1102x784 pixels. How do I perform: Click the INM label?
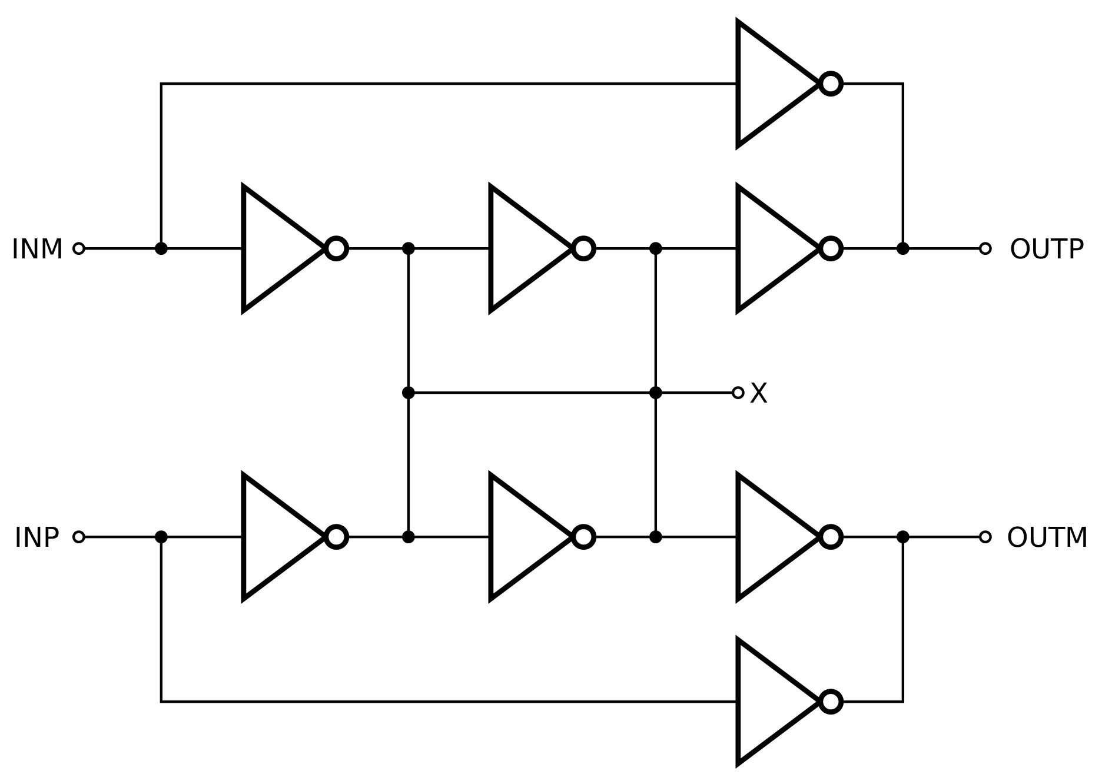click(x=37, y=249)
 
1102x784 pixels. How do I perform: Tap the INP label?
click(x=37, y=537)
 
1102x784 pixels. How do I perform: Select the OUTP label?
click(x=1047, y=249)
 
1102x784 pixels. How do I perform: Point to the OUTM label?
click(x=1047, y=537)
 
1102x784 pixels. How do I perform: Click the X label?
click(x=759, y=393)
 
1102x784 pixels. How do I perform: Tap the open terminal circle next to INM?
click(x=79, y=248)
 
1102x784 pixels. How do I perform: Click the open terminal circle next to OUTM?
click(x=985, y=537)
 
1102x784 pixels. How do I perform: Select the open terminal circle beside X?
click(x=738, y=393)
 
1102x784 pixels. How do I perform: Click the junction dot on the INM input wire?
click(x=161, y=248)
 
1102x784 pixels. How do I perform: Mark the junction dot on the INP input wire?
click(x=161, y=537)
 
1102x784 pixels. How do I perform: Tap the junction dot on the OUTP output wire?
click(x=902, y=248)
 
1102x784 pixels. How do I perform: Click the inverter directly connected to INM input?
click(x=277, y=248)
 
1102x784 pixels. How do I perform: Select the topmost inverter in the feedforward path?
click(x=771, y=84)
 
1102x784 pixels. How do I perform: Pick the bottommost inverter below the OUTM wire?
click(x=771, y=702)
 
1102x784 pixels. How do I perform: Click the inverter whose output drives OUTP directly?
click(x=771, y=248)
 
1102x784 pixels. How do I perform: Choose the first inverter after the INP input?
click(x=277, y=537)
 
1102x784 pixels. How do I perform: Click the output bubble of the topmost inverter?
click(x=831, y=84)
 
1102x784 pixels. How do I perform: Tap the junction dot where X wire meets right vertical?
click(x=655, y=393)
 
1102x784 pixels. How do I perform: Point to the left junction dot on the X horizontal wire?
click(x=408, y=393)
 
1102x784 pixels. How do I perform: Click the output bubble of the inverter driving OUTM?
click(x=831, y=537)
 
